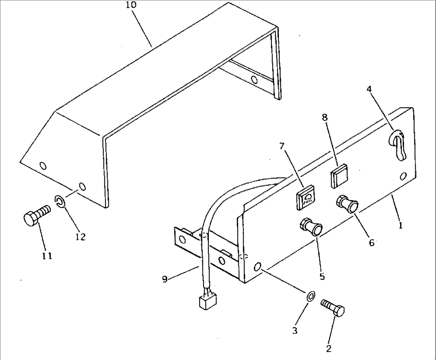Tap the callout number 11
(47, 256)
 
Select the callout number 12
(80, 237)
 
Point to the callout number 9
(164, 279)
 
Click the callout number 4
(370, 89)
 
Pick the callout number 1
(400, 226)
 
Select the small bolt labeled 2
(334, 310)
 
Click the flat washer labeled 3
(310, 296)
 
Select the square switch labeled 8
(339, 176)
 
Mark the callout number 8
(324, 118)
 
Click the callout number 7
(282, 146)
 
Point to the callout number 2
(328, 348)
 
